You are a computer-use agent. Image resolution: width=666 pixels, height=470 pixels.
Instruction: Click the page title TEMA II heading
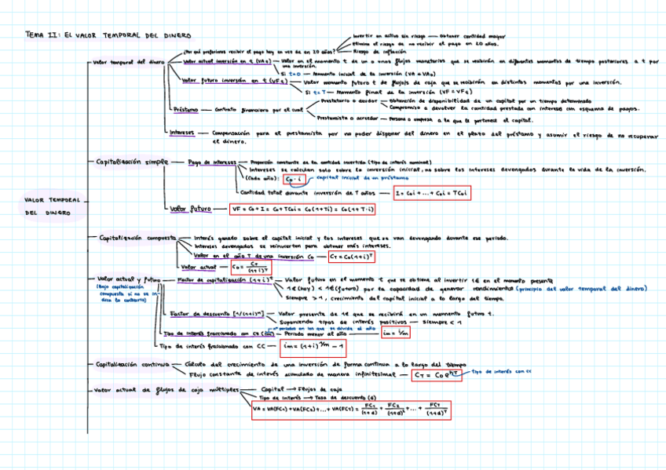click(108, 35)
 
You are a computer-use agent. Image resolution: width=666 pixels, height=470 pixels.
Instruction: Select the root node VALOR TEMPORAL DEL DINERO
click(53, 206)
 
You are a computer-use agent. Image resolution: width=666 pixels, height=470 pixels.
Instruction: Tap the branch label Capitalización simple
click(131, 162)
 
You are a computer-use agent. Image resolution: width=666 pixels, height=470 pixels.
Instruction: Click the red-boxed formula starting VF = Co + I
click(302, 209)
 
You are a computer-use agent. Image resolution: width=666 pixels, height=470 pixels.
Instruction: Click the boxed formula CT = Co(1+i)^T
click(350, 256)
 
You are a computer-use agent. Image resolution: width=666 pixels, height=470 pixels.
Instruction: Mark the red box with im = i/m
click(394, 333)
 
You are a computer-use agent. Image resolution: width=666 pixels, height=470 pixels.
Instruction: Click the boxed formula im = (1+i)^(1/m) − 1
click(313, 347)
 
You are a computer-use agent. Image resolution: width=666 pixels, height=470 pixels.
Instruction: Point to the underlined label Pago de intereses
click(211, 162)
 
